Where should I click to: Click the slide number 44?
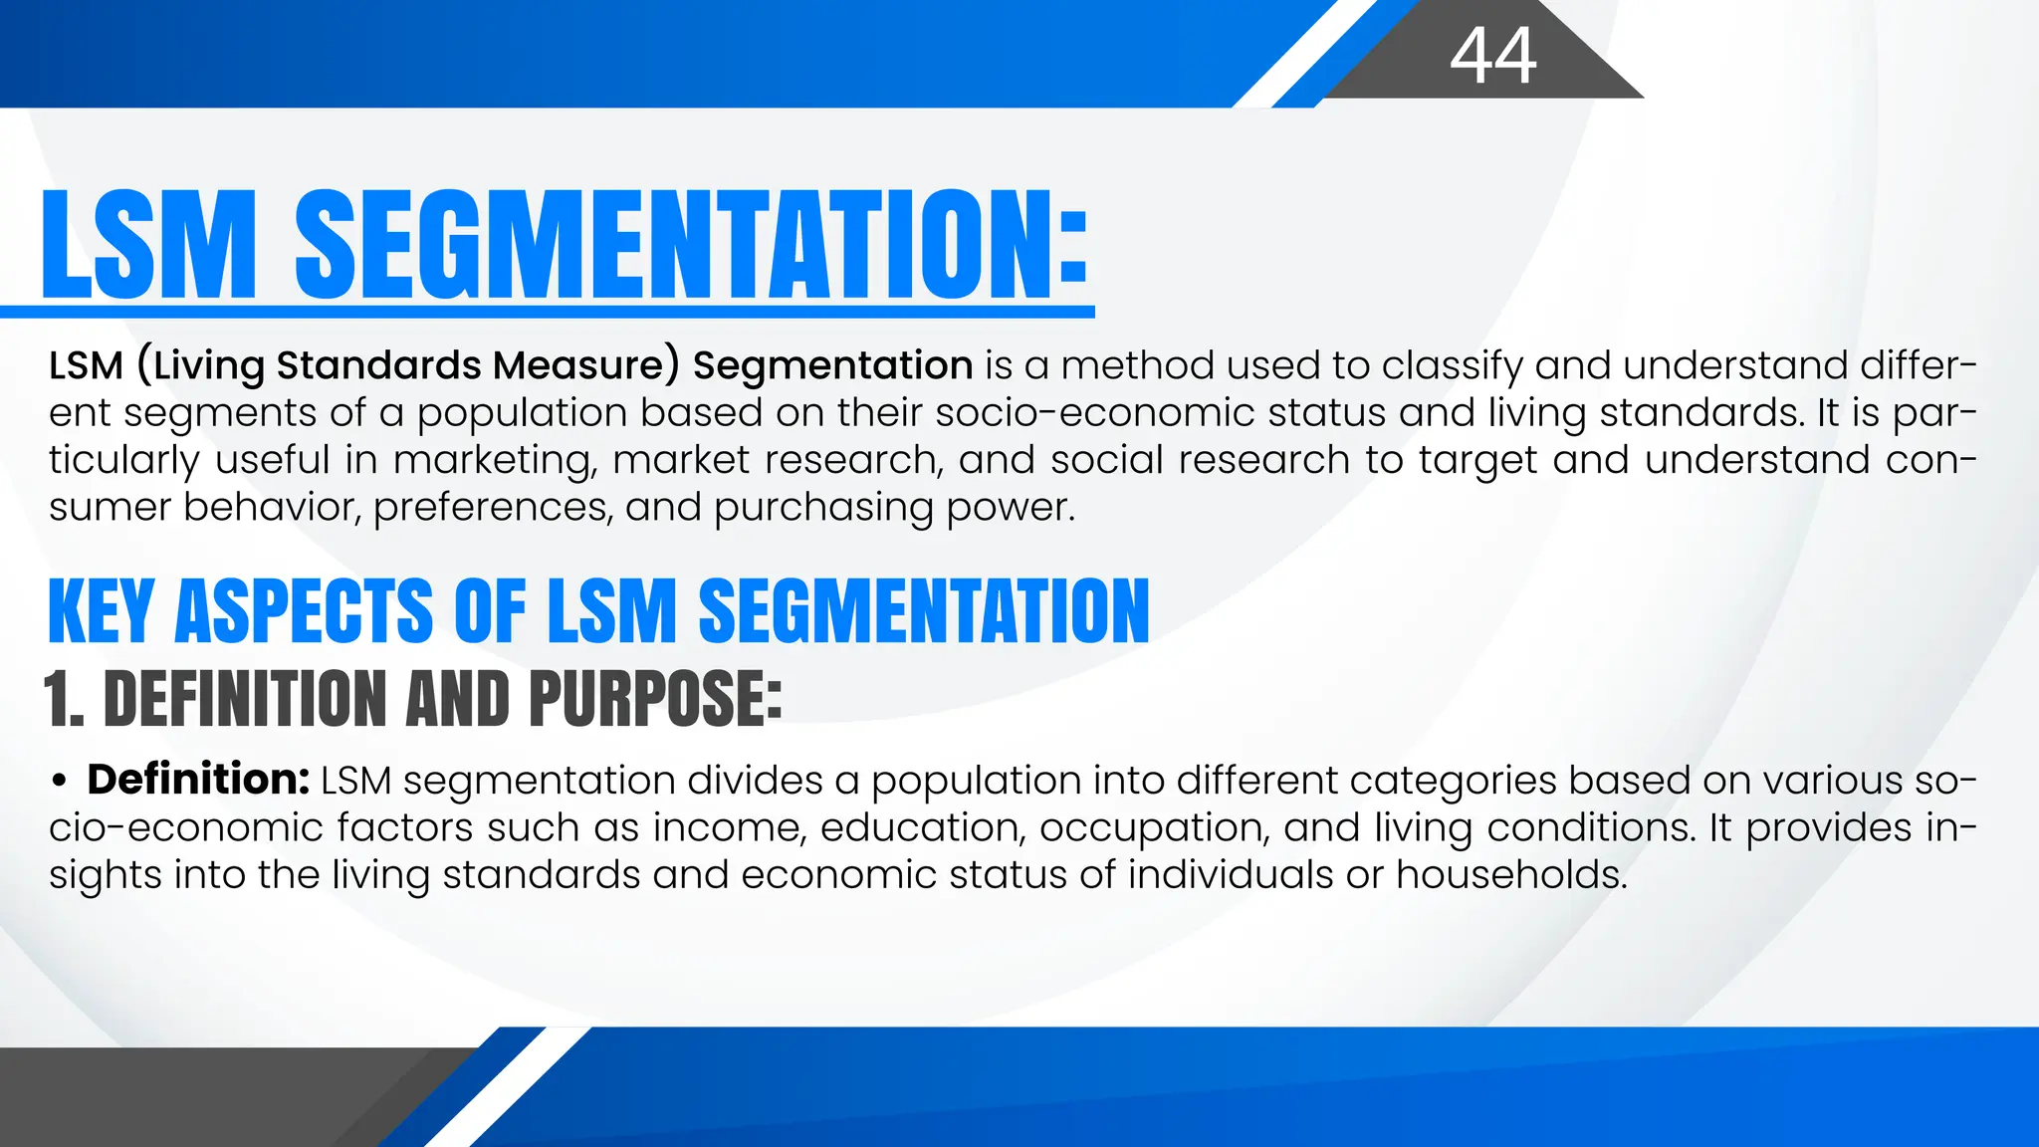[1492, 56]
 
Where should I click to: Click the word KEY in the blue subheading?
[101, 611]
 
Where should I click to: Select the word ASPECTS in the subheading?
[304, 611]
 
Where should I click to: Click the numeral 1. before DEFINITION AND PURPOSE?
[64, 698]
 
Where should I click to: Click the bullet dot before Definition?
[61, 782]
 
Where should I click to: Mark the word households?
[1510, 875]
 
